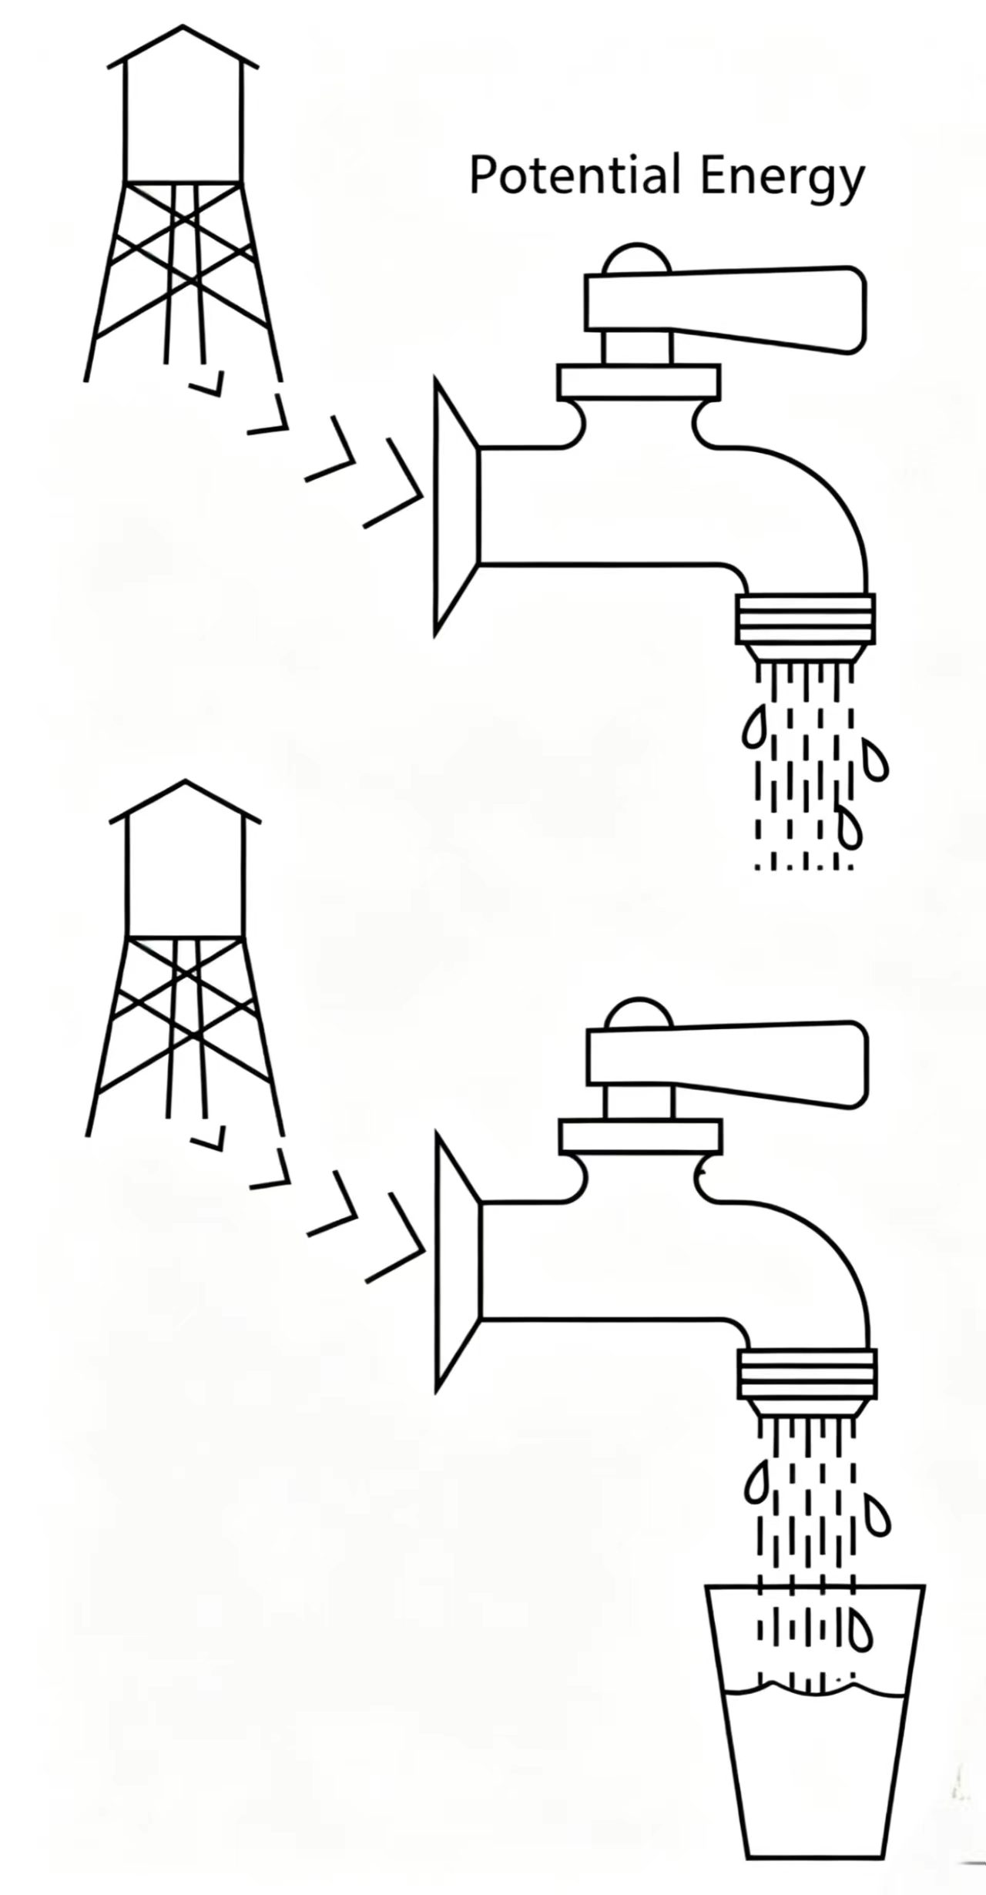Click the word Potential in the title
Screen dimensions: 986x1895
(575, 175)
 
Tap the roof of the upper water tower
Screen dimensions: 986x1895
(183, 47)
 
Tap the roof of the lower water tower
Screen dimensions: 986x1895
(185, 802)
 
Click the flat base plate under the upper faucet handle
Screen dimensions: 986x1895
(639, 382)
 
